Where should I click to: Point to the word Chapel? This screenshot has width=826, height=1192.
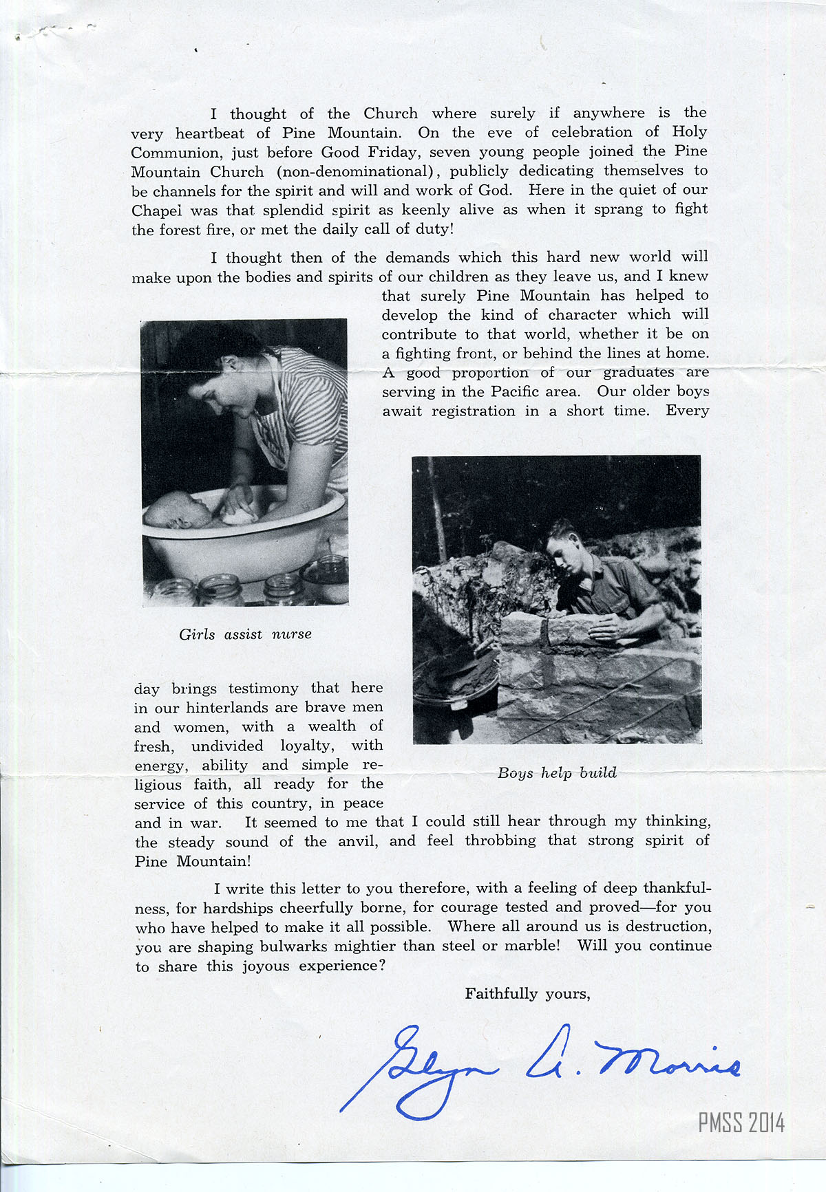pyautogui.click(x=156, y=210)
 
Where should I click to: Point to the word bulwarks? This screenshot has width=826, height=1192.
pyautogui.click(x=293, y=946)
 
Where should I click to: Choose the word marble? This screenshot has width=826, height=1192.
pyautogui.click(x=530, y=945)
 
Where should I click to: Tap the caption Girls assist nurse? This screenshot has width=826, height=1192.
pyautogui.click(x=245, y=634)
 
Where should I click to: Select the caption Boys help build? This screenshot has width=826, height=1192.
pyautogui.click(x=557, y=772)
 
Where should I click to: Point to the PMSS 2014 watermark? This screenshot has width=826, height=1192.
pyautogui.click(x=741, y=1123)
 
